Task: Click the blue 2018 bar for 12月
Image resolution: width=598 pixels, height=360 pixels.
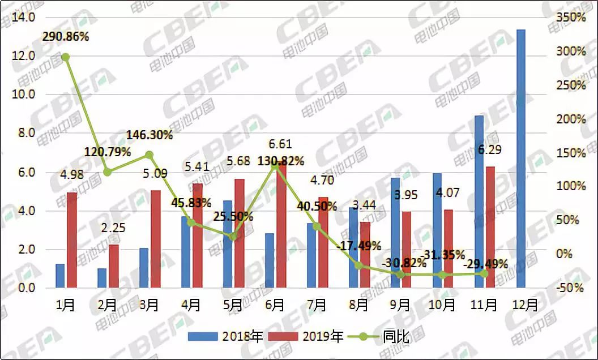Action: (520, 158)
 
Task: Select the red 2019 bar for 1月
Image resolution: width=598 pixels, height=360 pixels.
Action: (72, 240)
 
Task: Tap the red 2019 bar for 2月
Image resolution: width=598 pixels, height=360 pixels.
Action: (114, 266)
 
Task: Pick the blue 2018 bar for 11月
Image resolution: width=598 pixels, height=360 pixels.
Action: (479, 202)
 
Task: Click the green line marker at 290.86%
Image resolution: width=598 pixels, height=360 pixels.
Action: (65, 57)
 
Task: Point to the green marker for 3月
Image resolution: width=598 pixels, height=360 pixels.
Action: (149, 155)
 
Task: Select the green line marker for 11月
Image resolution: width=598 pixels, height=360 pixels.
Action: (484, 273)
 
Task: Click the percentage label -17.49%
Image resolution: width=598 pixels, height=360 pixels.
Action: (357, 246)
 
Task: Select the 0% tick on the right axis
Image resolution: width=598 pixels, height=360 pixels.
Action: (566, 254)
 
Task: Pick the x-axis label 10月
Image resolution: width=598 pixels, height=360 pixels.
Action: (442, 305)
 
